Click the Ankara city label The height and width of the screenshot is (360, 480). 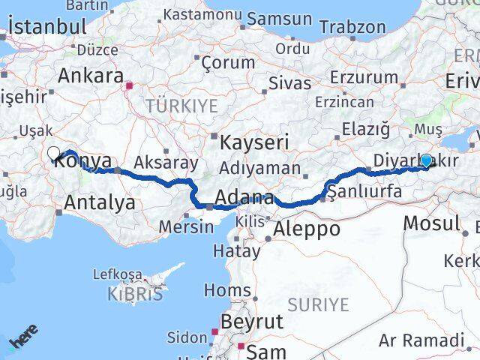pos(91,76)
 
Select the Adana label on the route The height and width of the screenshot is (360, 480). pos(244,199)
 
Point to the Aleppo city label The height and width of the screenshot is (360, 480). pos(307,228)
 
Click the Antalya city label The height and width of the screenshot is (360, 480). pos(100,202)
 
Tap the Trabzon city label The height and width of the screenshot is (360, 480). pos(352,27)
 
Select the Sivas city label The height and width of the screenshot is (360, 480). pos(289,82)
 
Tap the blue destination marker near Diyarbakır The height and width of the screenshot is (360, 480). pos(426,160)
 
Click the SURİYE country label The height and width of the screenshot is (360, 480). pos(320,304)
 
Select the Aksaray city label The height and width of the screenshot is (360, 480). pos(166,162)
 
